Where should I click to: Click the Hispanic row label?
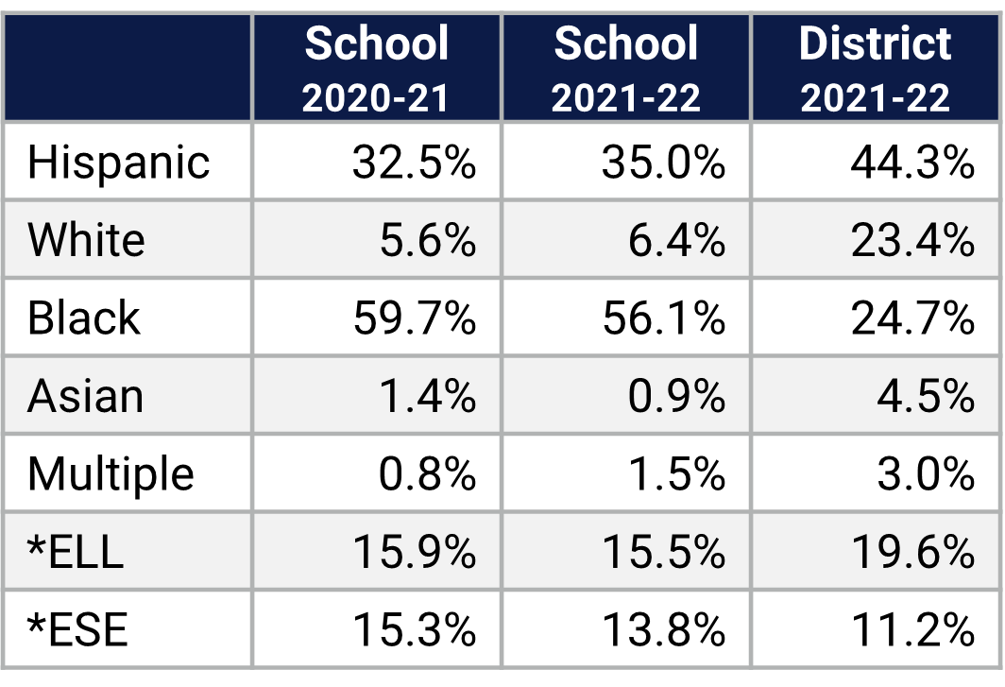[118, 163]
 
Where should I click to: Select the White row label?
[86, 240]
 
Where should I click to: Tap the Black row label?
[84, 318]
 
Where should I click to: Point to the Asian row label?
[86, 395]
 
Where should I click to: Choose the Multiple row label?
[111, 472]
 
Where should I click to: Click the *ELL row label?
[76, 551]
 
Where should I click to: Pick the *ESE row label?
[77, 628]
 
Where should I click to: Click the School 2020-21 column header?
[376, 69]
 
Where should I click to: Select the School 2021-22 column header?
[626, 69]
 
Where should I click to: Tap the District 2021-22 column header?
[876, 69]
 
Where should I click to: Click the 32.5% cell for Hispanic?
[414, 163]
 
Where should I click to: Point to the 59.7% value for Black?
[414, 318]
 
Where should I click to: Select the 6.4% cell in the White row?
[676, 240]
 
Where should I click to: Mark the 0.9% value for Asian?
[676, 395]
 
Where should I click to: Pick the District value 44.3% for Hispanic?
[912, 163]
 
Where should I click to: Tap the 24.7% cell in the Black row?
[912, 318]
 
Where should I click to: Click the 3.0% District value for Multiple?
[926, 472]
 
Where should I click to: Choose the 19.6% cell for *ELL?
[912, 551]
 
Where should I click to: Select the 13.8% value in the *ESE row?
[663, 628]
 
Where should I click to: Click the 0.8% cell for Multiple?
[427, 472]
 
